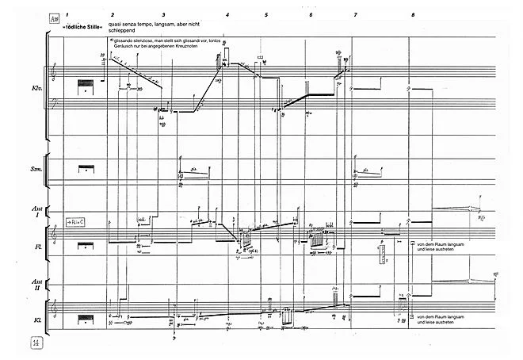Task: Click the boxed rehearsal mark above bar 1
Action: [x=54, y=17]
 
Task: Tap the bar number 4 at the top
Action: [x=227, y=16]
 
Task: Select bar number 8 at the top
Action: [x=413, y=16]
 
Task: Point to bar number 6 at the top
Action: [x=311, y=16]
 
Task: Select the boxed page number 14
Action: [x=36, y=343]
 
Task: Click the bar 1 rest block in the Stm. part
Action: [x=85, y=169]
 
